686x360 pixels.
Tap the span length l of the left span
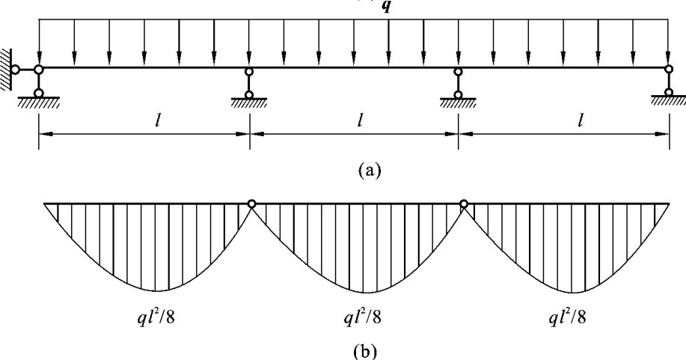point(143,119)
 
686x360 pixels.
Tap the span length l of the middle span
point(360,119)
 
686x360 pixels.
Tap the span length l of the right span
point(580,119)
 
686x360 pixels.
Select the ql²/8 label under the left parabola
point(156,317)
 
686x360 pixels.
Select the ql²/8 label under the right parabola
point(566,317)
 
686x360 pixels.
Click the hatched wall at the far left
point(5,69)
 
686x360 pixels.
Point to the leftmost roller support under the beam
point(38,84)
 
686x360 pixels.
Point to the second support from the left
point(249,85)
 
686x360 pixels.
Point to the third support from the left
point(458,85)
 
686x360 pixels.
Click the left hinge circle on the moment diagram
point(252,203)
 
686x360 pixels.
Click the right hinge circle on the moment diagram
point(464,203)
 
